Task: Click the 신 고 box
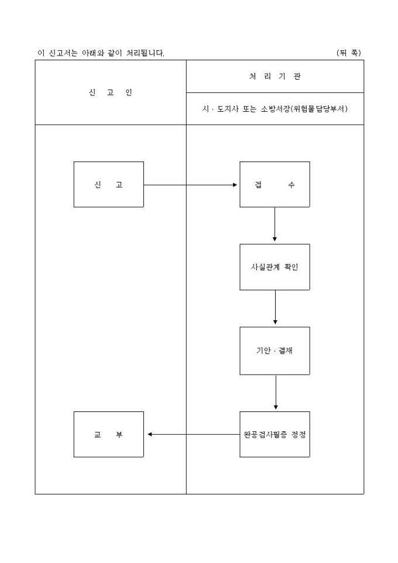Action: click(x=108, y=184)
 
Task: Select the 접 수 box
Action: click(x=275, y=184)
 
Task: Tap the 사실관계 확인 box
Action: click(x=275, y=267)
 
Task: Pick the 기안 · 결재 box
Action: click(x=275, y=351)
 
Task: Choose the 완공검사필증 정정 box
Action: click(x=275, y=434)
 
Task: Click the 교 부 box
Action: click(x=108, y=434)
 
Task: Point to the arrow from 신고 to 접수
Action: click(x=191, y=184)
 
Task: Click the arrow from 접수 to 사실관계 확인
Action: click(x=275, y=225)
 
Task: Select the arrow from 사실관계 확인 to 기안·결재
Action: click(x=275, y=308)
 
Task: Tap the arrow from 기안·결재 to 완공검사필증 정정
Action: click(x=276, y=393)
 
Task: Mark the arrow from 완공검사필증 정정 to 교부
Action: click(x=193, y=434)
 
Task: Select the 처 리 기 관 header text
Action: click(x=275, y=76)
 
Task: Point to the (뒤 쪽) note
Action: click(x=349, y=53)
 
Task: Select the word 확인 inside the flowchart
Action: click(x=291, y=267)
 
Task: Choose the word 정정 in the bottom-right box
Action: click(x=298, y=435)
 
